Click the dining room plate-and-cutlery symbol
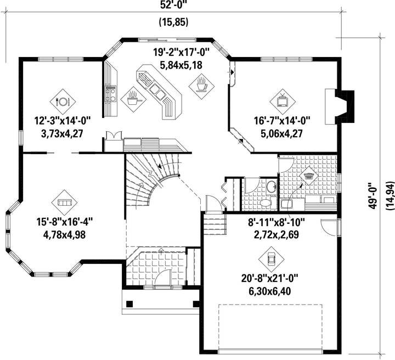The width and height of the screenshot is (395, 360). tap(63, 102)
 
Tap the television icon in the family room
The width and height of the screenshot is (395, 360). tap(283, 102)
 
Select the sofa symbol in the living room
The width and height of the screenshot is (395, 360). tap(65, 203)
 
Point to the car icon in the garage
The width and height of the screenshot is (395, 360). tap(272, 258)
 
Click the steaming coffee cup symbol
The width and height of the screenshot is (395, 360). tap(202, 86)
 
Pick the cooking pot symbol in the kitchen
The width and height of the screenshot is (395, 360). tap(133, 99)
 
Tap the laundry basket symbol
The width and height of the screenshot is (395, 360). tap(308, 176)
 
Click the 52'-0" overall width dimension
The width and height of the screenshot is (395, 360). tap(174, 5)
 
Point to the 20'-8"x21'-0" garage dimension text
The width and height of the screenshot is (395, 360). tap(270, 279)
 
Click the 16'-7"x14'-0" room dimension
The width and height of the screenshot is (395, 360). tap(281, 121)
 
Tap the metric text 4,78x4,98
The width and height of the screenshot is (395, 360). tap(65, 234)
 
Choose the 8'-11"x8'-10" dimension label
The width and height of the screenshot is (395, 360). tap(276, 222)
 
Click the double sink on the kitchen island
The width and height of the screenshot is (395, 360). tap(157, 91)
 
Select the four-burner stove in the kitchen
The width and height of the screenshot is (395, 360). tap(111, 94)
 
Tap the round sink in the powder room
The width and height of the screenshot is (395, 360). tap(272, 187)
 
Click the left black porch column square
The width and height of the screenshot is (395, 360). tap(129, 304)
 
